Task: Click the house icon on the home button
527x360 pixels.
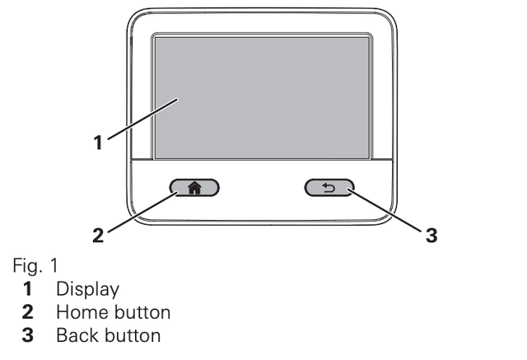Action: click(x=194, y=188)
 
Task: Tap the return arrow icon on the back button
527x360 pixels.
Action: click(x=329, y=187)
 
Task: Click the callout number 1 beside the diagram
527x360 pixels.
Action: click(x=98, y=143)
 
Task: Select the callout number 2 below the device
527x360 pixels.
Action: click(x=98, y=236)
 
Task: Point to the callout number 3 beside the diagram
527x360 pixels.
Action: click(x=431, y=236)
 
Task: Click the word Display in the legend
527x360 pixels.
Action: click(x=88, y=289)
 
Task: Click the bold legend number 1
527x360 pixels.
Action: click(x=27, y=289)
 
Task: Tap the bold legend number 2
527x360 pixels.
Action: click(x=27, y=312)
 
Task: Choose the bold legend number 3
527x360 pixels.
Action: click(x=27, y=335)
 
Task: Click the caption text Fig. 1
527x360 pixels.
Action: click(x=35, y=265)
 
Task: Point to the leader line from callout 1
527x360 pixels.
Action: click(x=142, y=119)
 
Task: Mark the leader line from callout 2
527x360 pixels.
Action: click(x=142, y=212)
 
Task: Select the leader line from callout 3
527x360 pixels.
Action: click(x=385, y=210)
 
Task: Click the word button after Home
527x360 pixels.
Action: click(x=142, y=312)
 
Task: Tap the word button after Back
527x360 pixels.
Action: click(x=133, y=335)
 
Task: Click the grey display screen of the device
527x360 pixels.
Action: click(x=262, y=98)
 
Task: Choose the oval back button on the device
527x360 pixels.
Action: click(x=329, y=188)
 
